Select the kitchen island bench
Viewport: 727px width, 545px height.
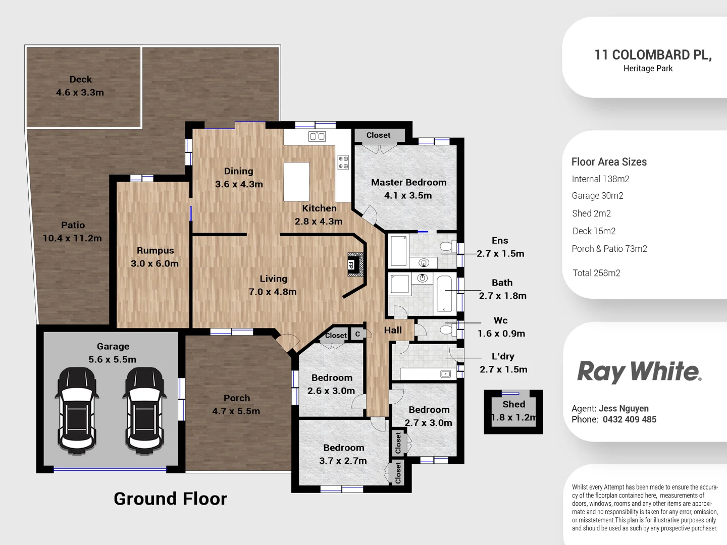click(x=296, y=182)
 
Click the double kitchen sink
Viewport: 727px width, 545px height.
click(x=317, y=136)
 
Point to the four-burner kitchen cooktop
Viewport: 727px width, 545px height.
click(x=343, y=162)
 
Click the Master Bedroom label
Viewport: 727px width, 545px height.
click(x=408, y=183)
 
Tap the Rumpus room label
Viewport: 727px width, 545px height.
click(x=155, y=251)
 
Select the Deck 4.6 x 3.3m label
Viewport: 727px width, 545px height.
click(x=80, y=86)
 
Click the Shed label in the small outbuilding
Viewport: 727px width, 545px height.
click(x=513, y=404)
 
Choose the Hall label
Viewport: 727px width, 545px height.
click(x=393, y=330)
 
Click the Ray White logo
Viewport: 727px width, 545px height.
click(x=639, y=371)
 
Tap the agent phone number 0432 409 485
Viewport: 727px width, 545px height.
click(x=629, y=419)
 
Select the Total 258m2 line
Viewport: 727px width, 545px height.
click(x=596, y=273)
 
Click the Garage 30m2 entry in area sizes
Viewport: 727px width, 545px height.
click(x=597, y=196)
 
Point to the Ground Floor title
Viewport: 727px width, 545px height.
click(x=170, y=499)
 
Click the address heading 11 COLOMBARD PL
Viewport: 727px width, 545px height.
click(x=652, y=55)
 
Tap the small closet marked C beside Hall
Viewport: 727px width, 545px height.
click(x=357, y=334)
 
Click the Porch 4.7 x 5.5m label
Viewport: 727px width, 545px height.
click(x=236, y=405)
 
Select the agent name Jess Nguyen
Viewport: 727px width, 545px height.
click(x=624, y=408)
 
